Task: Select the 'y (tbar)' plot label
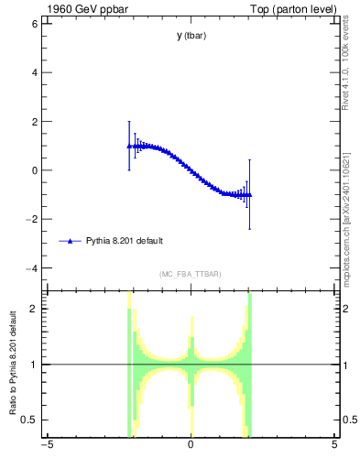(191, 36)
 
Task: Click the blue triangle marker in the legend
(70, 241)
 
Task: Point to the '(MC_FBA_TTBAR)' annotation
(190, 274)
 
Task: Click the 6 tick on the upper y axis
(36, 23)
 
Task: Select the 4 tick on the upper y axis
(36, 72)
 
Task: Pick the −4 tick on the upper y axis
(33, 268)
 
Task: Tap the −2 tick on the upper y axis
(33, 220)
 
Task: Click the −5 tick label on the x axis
(46, 446)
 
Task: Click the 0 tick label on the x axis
(191, 446)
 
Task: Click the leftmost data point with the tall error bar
(129, 146)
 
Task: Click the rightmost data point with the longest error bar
(249, 195)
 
